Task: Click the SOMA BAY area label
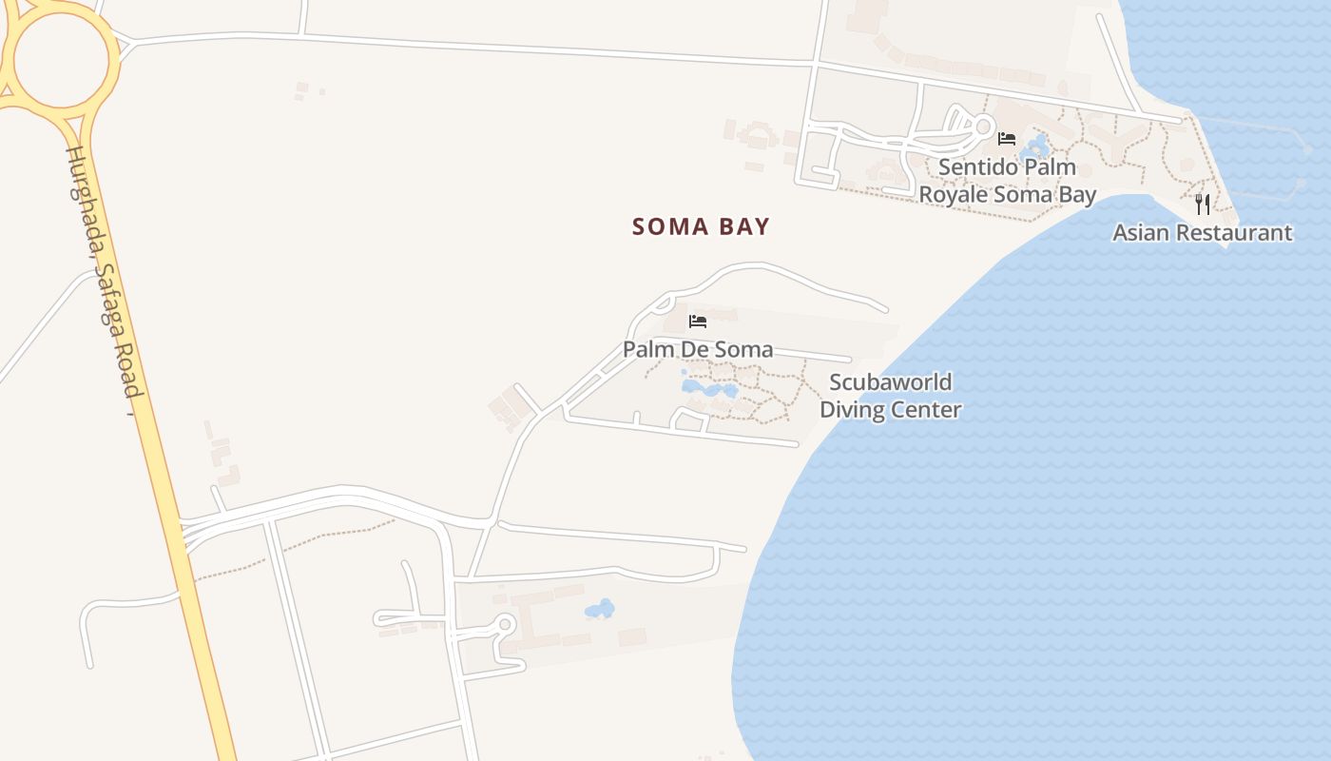point(701,226)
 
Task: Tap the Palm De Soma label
point(698,349)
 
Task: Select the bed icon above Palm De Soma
point(698,322)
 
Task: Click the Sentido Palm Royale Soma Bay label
point(1007,181)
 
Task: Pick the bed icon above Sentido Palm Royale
point(1007,139)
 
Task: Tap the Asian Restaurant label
point(1203,232)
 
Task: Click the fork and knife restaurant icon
point(1203,204)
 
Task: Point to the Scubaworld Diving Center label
point(891,396)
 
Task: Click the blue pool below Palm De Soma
point(708,389)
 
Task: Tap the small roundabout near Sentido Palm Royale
point(982,125)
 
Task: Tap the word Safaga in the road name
point(114,323)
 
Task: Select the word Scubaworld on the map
point(891,382)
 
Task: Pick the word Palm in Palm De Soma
point(645,349)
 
